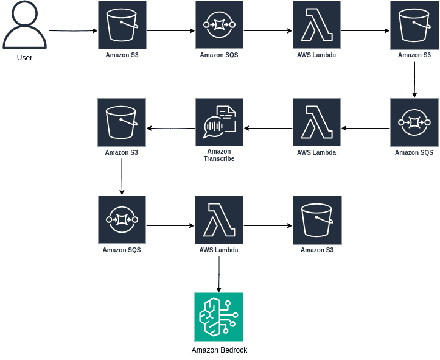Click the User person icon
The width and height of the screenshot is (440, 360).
pos(24,26)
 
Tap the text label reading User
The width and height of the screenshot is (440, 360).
pos(24,58)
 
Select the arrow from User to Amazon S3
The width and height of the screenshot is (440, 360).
pos(72,30)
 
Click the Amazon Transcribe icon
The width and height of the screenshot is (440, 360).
pos(219,122)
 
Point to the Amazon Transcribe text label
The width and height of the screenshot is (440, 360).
pos(219,155)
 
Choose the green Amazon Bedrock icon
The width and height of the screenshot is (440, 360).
pos(218,317)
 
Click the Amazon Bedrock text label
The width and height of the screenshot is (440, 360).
pos(219,350)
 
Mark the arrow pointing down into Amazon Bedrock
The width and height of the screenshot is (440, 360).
pos(219,274)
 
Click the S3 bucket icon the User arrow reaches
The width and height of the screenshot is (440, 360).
pos(122,25)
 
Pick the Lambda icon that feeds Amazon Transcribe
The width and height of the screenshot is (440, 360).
pos(316,122)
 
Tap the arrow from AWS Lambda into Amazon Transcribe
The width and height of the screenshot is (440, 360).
pos(268,128)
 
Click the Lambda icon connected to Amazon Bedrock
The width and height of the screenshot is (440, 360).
pos(219,220)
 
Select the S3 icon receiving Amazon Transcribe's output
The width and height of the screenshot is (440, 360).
pos(121,122)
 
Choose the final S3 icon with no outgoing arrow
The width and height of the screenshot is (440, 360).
pos(316,220)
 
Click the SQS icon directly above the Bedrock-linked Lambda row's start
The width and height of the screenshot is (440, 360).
pos(122,220)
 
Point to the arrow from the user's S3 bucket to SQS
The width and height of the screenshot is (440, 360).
pos(170,30)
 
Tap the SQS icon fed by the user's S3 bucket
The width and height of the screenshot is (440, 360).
pos(219,25)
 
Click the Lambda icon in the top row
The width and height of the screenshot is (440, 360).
pos(316,25)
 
